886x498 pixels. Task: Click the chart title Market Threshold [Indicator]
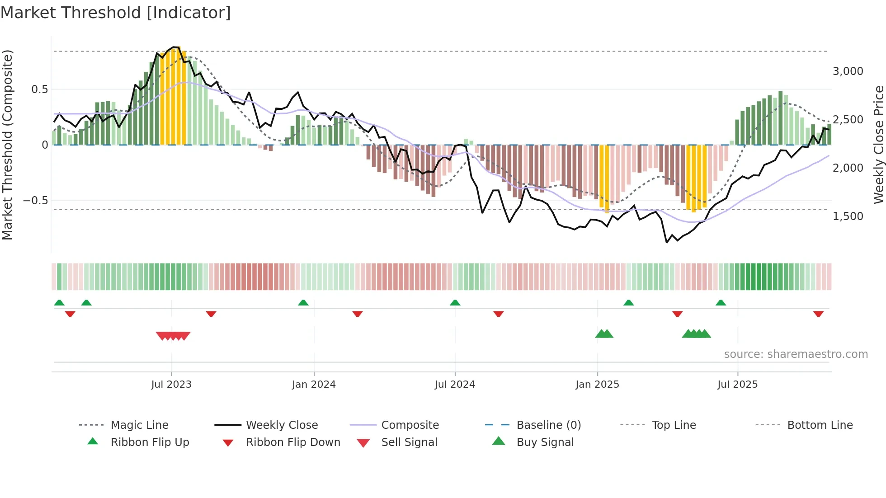point(116,13)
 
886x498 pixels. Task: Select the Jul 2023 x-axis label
point(171,385)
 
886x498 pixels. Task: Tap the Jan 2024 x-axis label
point(314,385)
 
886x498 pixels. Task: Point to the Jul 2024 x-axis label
point(455,385)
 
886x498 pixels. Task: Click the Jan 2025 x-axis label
point(597,385)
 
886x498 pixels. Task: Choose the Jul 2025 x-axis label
point(737,385)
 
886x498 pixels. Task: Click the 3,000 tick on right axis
point(848,71)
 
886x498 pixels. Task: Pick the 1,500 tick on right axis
point(848,216)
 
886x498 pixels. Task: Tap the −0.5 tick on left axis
point(35,201)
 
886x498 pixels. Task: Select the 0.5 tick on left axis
point(39,89)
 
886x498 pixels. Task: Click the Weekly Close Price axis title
point(878,145)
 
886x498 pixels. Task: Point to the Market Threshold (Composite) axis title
point(7,145)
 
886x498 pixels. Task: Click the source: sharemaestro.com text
point(796,354)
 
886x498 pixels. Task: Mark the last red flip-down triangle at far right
point(818,314)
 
